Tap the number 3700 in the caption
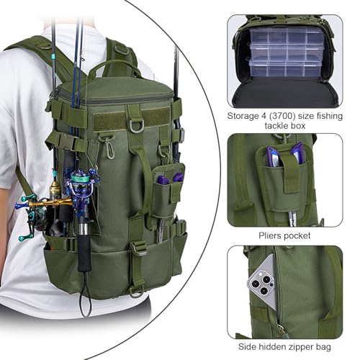pyautogui.click(x=282, y=116)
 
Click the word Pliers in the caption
pyautogui.click(x=271, y=236)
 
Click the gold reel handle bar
pyautogui.click(x=50, y=203)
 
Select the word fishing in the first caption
pyautogui.click(x=329, y=116)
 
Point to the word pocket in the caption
pyautogui.click(x=298, y=236)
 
